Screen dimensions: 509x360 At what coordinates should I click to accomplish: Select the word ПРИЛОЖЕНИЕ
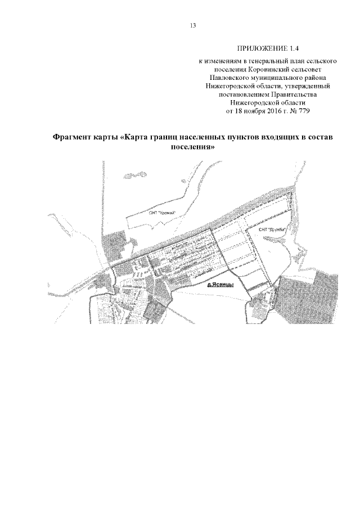click(259, 48)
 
